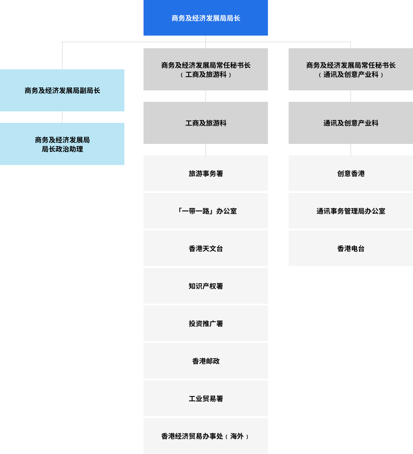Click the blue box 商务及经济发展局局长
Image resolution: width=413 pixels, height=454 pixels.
(206, 18)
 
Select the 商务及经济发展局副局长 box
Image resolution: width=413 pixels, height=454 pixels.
(62, 90)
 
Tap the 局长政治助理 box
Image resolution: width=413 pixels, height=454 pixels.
(62, 144)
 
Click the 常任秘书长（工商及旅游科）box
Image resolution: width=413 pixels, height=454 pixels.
(206, 69)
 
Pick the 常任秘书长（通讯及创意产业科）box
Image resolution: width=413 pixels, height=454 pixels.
(351, 69)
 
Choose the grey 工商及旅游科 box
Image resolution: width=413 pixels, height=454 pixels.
(206, 123)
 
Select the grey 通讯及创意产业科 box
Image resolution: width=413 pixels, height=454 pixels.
(351, 123)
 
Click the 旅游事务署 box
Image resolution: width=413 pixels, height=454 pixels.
(206, 173)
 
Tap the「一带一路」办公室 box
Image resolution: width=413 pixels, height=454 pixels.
(206, 211)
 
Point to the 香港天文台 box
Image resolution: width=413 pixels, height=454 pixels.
(206, 248)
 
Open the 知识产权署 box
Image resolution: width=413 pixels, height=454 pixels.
(206, 286)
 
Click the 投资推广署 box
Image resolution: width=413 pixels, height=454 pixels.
(206, 323)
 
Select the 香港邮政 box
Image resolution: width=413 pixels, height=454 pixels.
(206, 361)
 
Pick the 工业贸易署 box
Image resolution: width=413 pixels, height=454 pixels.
(206, 398)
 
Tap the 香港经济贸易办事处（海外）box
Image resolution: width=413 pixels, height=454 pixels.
(206, 436)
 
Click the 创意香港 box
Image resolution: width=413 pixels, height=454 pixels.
(351, 173)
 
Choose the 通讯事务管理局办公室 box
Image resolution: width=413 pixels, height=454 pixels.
(351, 211)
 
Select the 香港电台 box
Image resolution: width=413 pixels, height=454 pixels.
(351, 248)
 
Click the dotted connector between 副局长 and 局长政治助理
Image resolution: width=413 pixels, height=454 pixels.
(62, 117)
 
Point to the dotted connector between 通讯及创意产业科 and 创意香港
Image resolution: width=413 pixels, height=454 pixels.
(351, 150)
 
